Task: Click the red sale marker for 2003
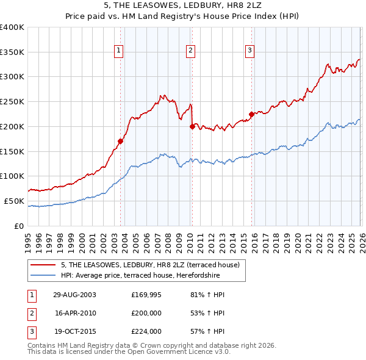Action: (x=121, y=141)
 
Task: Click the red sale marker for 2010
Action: (x=192, y=126)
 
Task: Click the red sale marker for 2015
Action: (x=251, y=114)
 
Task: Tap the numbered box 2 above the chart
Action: (x=190, y=51)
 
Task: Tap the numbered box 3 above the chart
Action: (x=249, y=51)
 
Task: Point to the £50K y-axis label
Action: (x=14, y=201)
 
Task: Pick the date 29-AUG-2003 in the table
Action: (x=75, y=295)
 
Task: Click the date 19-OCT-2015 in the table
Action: (x=75, y=331)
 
